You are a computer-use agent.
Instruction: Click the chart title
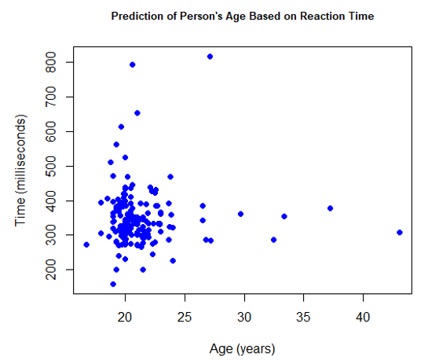click(243, 17)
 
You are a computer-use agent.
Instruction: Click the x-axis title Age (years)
click(242, 349)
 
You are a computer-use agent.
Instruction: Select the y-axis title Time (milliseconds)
click(20, 171)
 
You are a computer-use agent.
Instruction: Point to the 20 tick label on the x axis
click(125, 317)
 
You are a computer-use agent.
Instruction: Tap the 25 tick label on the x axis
click(185, 317)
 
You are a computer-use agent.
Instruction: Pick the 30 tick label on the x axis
click(244, 317)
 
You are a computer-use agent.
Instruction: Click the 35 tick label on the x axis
click(304, 317)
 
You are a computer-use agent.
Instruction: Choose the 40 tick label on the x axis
click(363, 317)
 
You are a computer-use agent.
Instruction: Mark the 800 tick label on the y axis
click(51, 62)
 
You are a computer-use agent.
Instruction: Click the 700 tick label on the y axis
click(51, 97)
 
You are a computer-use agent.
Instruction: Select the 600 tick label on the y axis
click(51, 131)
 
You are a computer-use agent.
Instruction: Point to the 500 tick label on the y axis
click(51, 166)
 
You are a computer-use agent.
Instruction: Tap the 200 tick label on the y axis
click(51, 270)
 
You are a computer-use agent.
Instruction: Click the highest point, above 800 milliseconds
click(210, 57)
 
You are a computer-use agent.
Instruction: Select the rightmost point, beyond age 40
click(400, 233)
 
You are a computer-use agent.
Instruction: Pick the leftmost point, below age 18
click(86, 244)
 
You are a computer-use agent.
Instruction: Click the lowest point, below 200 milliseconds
click(113, 284)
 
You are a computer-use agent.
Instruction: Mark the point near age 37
click(330, 208)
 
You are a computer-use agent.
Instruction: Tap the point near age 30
click(240, 214)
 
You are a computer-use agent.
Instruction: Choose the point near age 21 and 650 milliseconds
click(137, 113)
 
